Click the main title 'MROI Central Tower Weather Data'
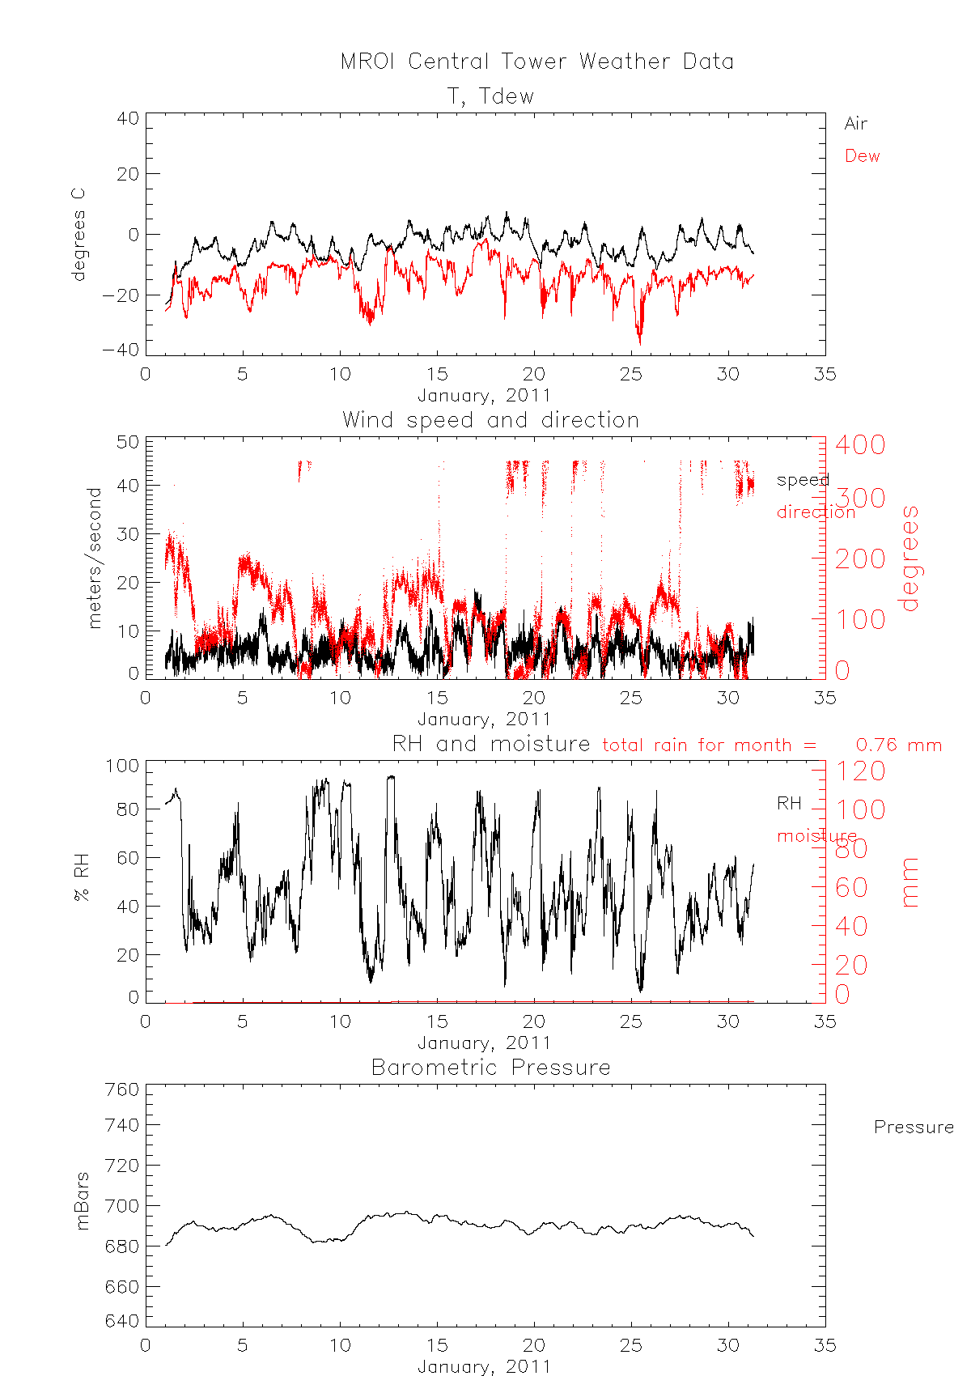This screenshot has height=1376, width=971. (536, 62)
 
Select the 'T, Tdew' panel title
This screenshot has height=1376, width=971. (490, 96)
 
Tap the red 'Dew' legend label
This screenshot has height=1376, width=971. (862, 156)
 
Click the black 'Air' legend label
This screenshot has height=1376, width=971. (855, 124)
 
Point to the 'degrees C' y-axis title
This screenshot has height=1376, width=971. (78, 235)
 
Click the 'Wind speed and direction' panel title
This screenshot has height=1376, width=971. (490, 420)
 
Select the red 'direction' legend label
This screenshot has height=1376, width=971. (816, 512)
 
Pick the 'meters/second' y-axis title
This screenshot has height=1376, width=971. (95, 558)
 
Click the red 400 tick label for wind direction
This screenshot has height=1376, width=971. (860, 444)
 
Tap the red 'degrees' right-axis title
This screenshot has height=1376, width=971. (910, 558)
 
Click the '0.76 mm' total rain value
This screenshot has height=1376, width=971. (898, 745)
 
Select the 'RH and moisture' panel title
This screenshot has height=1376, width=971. (490, 744)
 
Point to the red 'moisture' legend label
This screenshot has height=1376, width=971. (816, 835)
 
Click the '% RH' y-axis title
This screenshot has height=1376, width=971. (81, 881)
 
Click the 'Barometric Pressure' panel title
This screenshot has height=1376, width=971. (490, 1068)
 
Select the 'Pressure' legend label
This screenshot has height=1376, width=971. (914, 1127)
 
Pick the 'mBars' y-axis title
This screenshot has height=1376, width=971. (82, 1201)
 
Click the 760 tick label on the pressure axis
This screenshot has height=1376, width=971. (122, 1089)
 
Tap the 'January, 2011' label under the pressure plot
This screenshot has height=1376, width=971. (484, 1367)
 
